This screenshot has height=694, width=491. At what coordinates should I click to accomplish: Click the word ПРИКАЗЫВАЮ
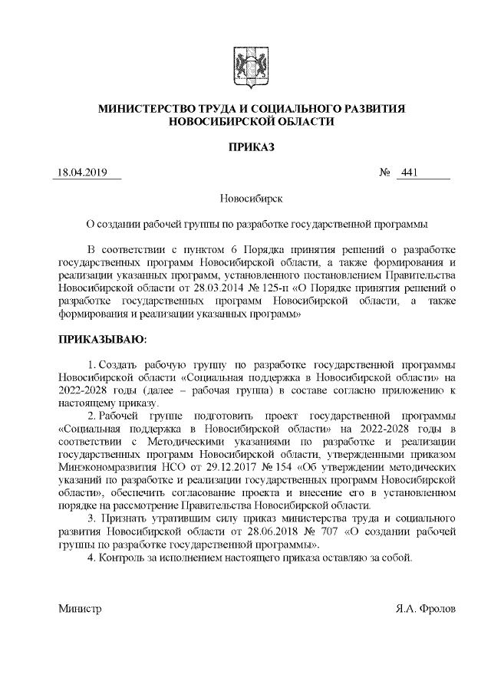102,337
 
